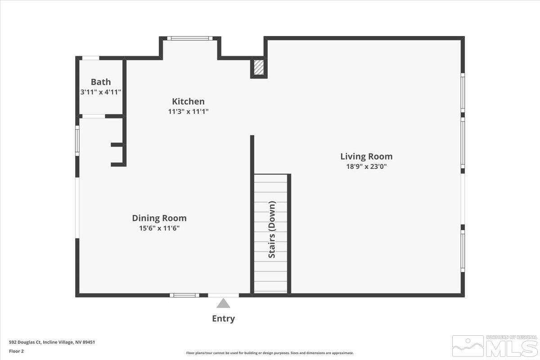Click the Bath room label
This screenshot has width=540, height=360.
pyautogui.click(x=100, y=82)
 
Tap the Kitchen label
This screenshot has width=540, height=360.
pyautogui.click(x=188, y=102)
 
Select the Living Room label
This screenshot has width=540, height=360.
pyautogui.click(x=366, y=157)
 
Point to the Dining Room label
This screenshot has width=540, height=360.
pyautogui.click(x=159, y=218)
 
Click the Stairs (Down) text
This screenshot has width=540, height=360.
pyautogui.click(x=272, y=229)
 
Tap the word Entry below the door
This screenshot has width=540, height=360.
pyautogui.click(x=223, y=319)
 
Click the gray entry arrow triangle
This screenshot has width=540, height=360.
pyautogui.click(x=223, y=304)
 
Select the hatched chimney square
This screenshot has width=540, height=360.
pyautogui.click(x=259, y=67)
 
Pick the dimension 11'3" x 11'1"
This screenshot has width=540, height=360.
pyautogui.click(x=188, y=111)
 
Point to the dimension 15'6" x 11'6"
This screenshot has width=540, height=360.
pyautogui.click(x=159, y=228)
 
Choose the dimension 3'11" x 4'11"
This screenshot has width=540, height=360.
pyautogui.click(x=100, y=91)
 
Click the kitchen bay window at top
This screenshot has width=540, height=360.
pyautogui.click(x=190, y=38)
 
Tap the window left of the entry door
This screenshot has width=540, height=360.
pyautogui.click(x=184, y=295)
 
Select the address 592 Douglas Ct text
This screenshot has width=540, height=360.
pyautogui.click(x=52, y=342)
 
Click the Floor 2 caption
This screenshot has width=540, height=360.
pyautogui.click(x=16, y=351)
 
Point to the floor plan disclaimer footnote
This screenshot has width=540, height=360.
pyautogui.click(x=270, y=353)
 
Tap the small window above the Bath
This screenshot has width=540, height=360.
pyautogui.click(x=90, y=58)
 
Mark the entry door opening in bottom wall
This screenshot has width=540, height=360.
pyautogui.click(x=223, y=295)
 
